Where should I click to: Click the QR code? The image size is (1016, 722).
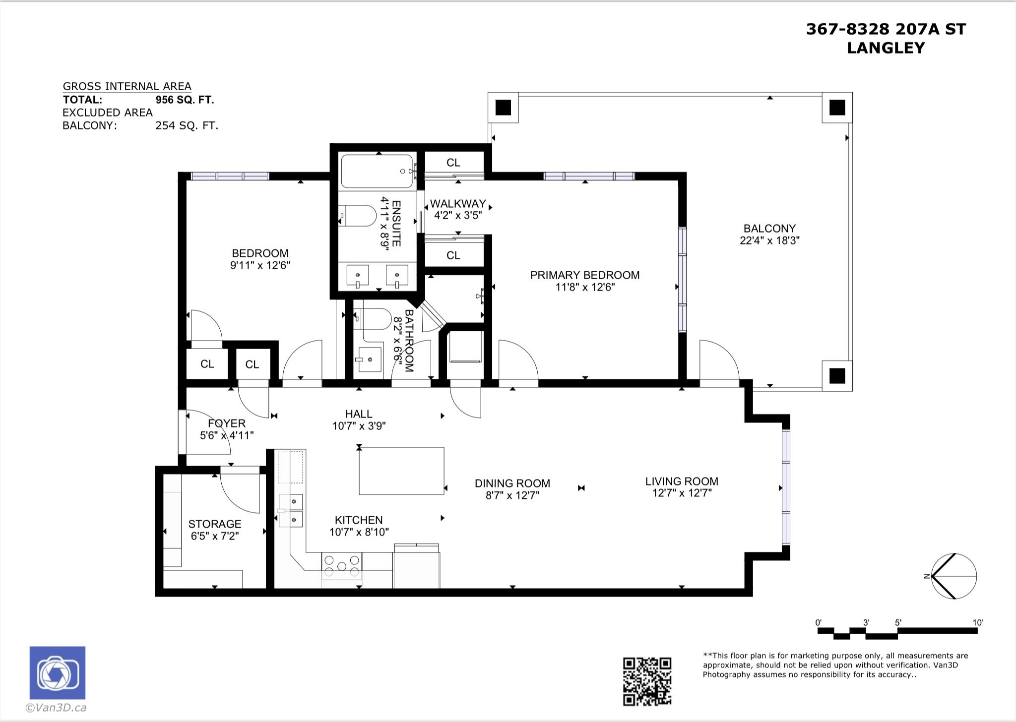647,681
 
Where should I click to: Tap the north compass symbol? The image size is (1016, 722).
952,576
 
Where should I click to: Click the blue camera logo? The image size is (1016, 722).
58,672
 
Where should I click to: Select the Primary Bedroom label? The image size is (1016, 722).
585,275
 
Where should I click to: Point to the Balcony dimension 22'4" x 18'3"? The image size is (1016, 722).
769,241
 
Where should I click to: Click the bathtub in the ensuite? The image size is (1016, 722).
378,172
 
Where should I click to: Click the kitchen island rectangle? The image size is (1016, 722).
401,471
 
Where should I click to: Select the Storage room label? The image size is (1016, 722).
215,524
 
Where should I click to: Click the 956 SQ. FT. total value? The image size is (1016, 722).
185,100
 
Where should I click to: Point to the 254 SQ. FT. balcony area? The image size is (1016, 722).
187,125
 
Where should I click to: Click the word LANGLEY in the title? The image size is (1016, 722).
886,48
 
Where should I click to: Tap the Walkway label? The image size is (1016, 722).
458,204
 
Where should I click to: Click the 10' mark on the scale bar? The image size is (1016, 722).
977,623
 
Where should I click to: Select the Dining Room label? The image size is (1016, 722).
512,483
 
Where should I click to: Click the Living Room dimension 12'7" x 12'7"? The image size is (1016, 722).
682,493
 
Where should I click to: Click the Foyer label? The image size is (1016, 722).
227,423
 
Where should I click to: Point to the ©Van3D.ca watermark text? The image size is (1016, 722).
56,708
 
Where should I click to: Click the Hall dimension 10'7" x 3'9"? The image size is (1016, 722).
359,426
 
